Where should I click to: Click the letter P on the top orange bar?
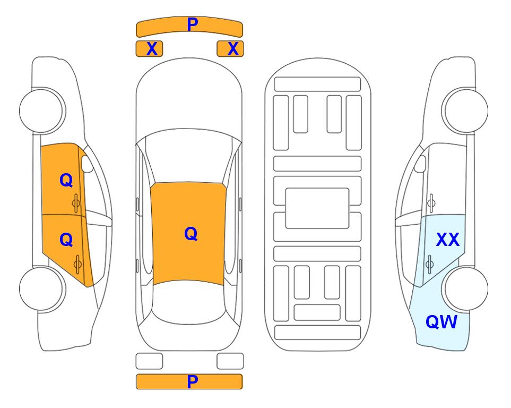coord(193,24)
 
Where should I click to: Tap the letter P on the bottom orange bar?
coord(193,381)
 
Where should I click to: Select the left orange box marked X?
coord(149,49)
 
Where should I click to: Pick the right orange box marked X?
coord(230,49)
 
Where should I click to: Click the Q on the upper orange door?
coord(66,180)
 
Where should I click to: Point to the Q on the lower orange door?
coord(66,240)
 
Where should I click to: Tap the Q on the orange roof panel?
coord(191,234)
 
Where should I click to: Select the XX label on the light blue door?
coord(448,240)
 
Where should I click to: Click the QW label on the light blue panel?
coord(441,322)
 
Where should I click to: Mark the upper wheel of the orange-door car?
coord(42,110)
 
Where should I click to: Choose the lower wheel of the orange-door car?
coord(42,288)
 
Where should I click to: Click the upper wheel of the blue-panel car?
coord(465,110)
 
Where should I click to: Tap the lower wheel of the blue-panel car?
coord(465,288)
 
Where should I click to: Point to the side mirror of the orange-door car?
coord(87,164)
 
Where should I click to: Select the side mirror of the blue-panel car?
coord(420,164)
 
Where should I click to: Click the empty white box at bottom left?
coord(149,361)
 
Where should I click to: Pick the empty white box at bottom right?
coord(230,361)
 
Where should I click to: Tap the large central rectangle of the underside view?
coord(317,208)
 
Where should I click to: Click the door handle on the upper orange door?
coord(76,203)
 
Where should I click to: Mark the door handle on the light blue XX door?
coord(429,264)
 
